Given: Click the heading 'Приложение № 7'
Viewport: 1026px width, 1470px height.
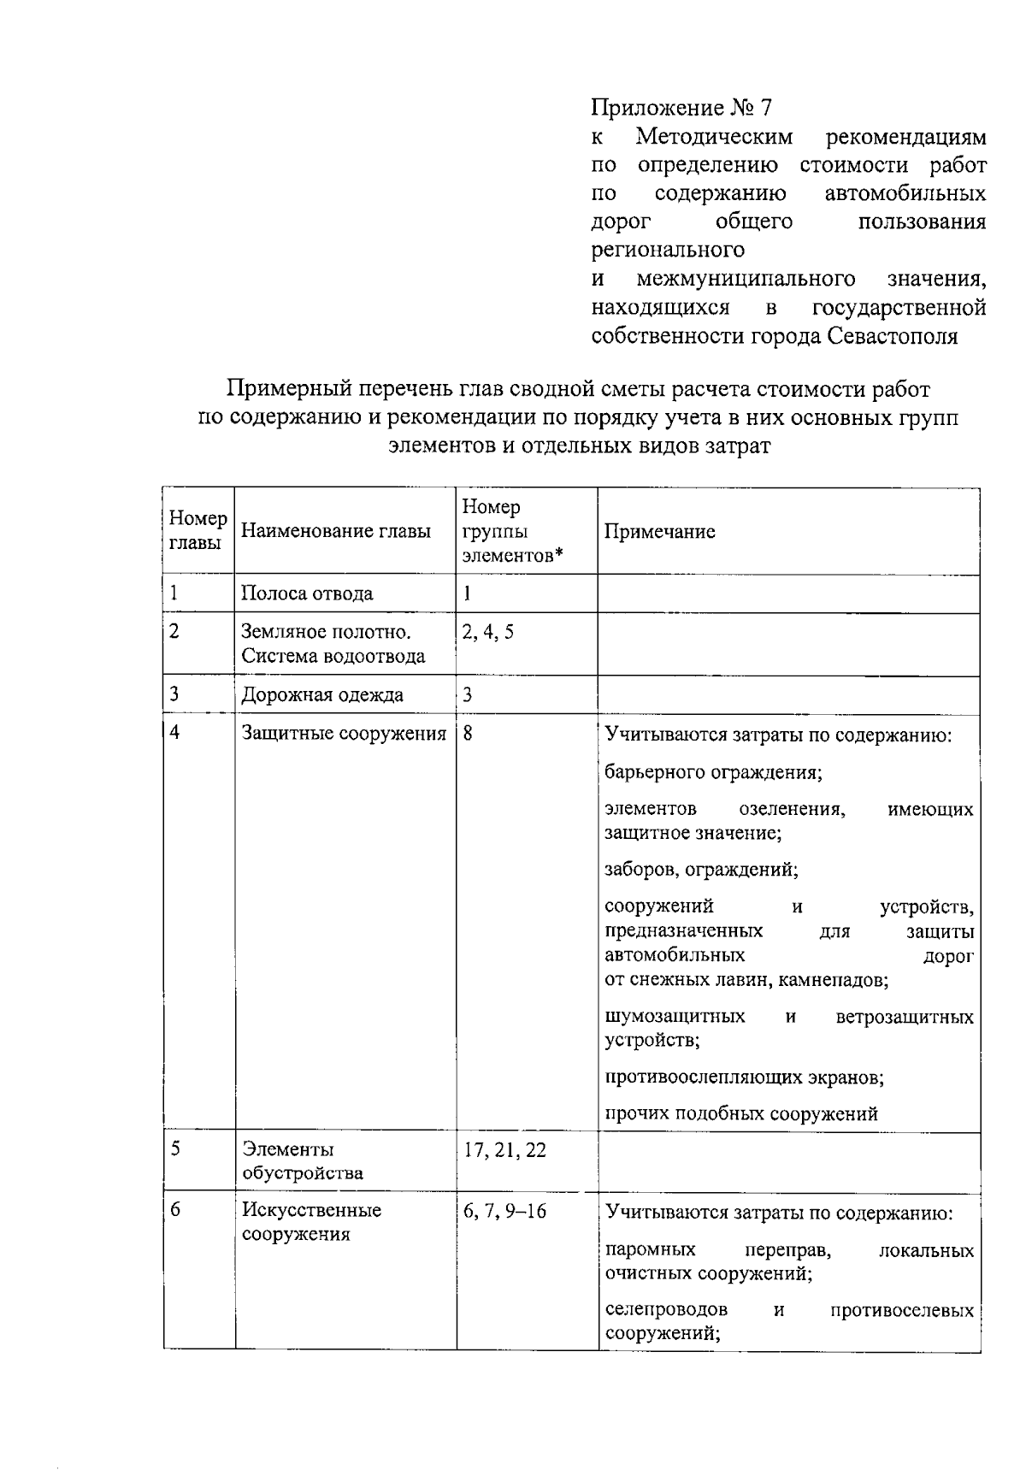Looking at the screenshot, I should pyautogui.click(x=681, y=109).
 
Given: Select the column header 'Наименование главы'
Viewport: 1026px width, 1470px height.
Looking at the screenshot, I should pyautogui.click(x=335, y=532).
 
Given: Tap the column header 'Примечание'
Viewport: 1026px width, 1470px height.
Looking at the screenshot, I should pyautogui.click(x=659, y=532).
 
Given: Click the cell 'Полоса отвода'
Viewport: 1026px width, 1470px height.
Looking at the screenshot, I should pyautogui.click(x=307, y=593).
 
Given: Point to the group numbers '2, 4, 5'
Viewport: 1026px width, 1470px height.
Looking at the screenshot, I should pyautogui.click(x=488, y=633).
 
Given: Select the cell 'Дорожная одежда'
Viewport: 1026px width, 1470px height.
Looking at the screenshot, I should pyautogui.click(x=322, y=694).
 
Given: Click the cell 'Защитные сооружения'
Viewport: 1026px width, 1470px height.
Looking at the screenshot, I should pyautogui.click(x=344, y=734).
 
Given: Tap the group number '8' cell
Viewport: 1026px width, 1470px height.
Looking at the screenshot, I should pyautogui.click(x=469, y=734).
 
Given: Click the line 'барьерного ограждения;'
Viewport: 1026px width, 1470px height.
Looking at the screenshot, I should pyautogui.click(x=713, y=772).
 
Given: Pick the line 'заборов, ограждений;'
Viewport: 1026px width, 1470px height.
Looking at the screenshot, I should pyautogui.click(x=701, y=870).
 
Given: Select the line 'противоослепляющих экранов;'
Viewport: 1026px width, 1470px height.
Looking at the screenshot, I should pyautogui.click(x=744, y=1077).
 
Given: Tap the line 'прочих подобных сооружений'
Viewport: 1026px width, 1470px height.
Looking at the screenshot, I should pyautogui.click(x=740, y=1113).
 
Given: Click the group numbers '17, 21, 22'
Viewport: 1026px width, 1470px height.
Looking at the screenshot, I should pyautogui.click(x=504, y=1150).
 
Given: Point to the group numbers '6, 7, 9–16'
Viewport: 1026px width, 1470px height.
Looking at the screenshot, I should pyautogui.click(x=504, y=1211).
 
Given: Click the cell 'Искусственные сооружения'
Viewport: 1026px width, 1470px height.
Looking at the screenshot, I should pyautogui.click(x=311, y=1222).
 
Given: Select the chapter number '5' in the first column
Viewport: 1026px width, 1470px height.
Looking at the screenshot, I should pyautogui.click(x=175, y=1148).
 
